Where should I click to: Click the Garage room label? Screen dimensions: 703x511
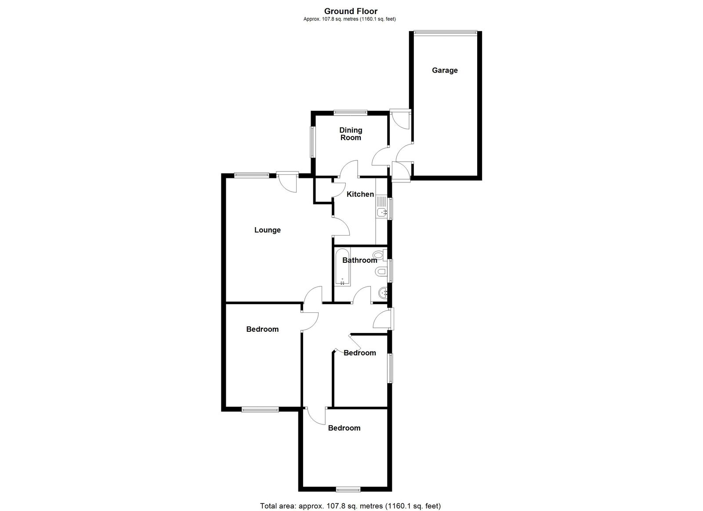click(x=444, y=70)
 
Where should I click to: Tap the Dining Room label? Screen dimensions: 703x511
click(x=351, y=134)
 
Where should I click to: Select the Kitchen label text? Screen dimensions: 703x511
click(x=360, y=194)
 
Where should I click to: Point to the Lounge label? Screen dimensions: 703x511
click(x=268, y=230)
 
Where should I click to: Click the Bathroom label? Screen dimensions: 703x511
click(x=360, y=260)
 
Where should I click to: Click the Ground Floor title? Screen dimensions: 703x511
click(x=351, y=11)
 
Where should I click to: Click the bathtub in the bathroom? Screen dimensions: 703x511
click(x=342, y=267)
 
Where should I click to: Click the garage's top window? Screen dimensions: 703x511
click(x=446, y=32)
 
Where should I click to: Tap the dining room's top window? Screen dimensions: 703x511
click(x=350, y=112)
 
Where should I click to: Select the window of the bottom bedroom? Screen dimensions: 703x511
click(x=348, y=489)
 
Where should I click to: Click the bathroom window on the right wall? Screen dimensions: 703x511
click(x=390, y=270)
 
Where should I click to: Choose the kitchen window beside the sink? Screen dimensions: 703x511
click(x=390, y=208)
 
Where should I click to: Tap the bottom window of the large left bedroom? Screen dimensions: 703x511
click(x=260, y=409)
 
